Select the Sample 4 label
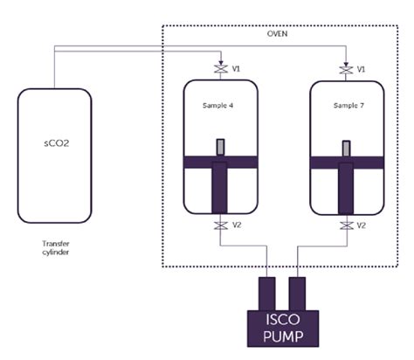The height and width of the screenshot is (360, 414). coord(219,106)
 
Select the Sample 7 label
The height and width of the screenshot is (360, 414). coord(347,106)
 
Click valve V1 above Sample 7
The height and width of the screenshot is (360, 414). coord(347,68)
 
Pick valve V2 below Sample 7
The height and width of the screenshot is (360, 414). coord(347,226)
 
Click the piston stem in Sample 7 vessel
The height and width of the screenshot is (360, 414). coord(347,188)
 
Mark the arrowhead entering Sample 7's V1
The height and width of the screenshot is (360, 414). coord(347,59)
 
